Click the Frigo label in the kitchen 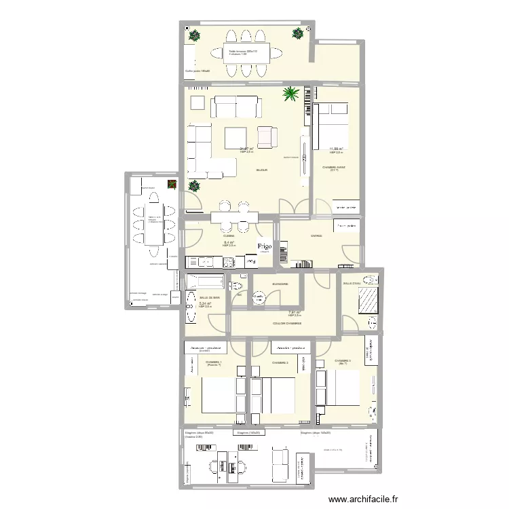(x=264, y=247)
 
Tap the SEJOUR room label (x=261, y=170)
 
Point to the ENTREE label (x=316, y=236)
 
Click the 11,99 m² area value (x=336, y=149)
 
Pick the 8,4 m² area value (x=229, y=242)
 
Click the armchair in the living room (x=267, y=137)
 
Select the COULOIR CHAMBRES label (x=288, y=324)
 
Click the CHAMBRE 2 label (x=280, y=363)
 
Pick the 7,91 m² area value (x=295, y=313)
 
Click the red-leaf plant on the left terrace (x=172, y=184)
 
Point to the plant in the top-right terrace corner (x=298, y=33)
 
